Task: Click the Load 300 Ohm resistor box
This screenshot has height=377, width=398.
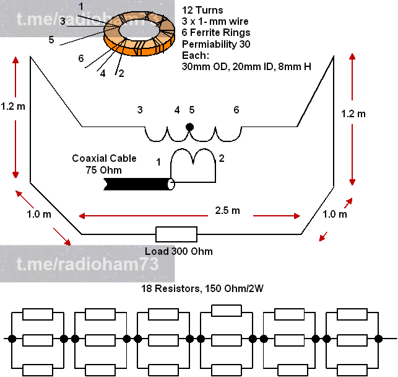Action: [176, 234]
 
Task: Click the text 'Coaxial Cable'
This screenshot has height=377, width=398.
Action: [104, 159]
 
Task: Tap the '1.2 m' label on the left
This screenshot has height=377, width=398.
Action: [13, 106]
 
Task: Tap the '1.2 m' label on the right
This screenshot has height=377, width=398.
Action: [353, 113]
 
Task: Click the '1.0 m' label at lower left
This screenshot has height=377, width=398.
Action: [39, 215]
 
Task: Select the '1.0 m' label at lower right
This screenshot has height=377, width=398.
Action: [335, 214]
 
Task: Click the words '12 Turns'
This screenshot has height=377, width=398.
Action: [202, 11]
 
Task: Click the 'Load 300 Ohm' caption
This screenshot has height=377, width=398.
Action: [178, 251]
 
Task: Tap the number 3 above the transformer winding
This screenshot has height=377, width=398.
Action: [140, 110]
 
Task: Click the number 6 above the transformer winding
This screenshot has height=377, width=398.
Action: [236, 110]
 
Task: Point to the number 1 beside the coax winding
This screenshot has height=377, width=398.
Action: [158, 162]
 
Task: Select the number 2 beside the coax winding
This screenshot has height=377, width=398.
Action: [222, 158]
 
